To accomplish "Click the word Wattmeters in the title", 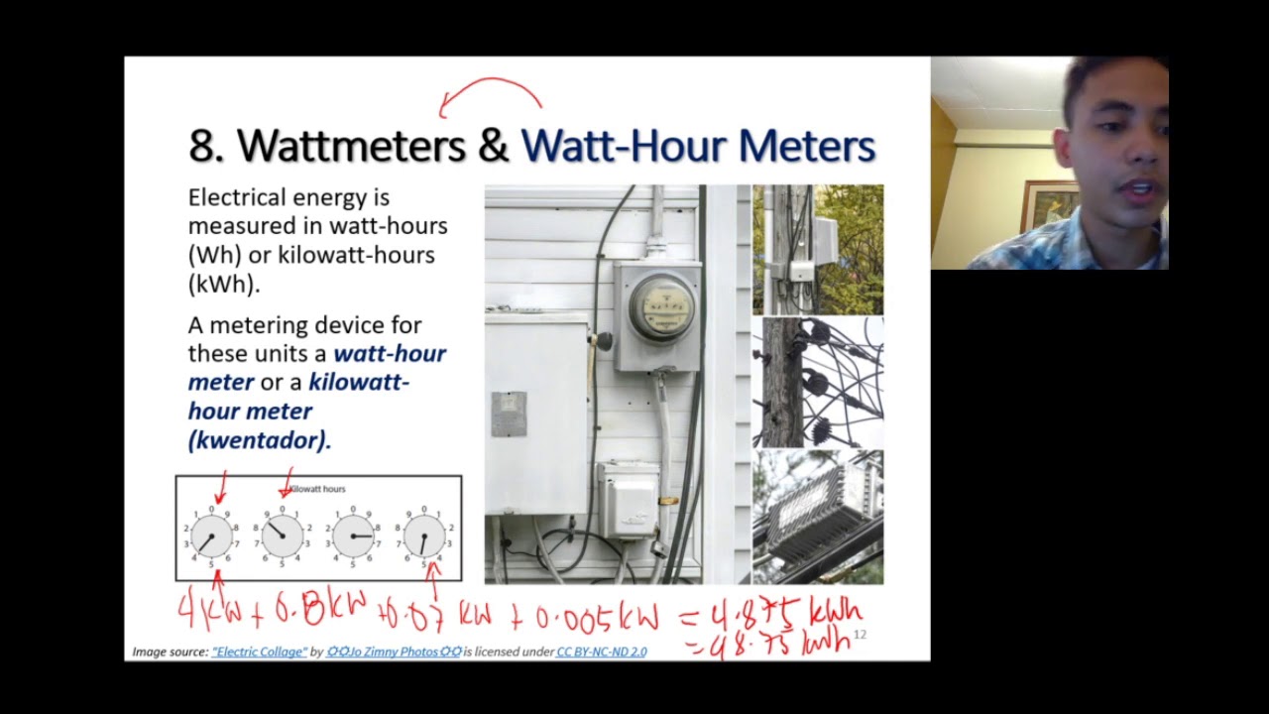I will (x=351, y=146).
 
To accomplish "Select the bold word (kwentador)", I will (x=259, y=439).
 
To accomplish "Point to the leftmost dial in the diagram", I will (x=211, y=536).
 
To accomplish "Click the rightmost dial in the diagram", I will (x=423, y=536).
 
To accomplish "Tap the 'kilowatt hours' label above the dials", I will (x=316, y=489).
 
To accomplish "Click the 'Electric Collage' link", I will (x=259, y=652).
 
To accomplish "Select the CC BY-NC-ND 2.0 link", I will (x=601, y=652).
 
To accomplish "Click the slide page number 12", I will (x=860, y=635).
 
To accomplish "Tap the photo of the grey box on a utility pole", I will (x=818, y=249).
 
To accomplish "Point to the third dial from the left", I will (x=354, y=536).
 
